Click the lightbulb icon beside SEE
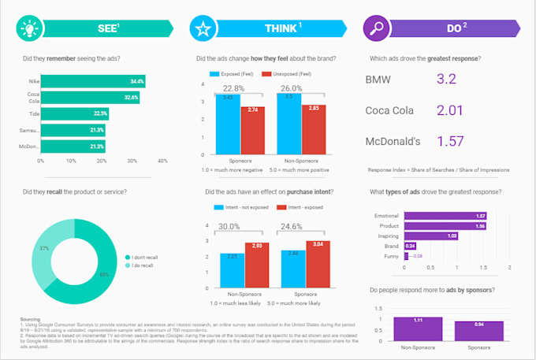pos(31,28)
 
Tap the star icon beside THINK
pos(203,29)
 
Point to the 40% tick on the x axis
pos(162,160)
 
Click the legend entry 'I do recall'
pos(145,265)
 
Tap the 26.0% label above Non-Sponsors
pos(290,88)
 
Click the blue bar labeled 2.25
pos(233,272)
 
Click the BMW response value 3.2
pos(445,79)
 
